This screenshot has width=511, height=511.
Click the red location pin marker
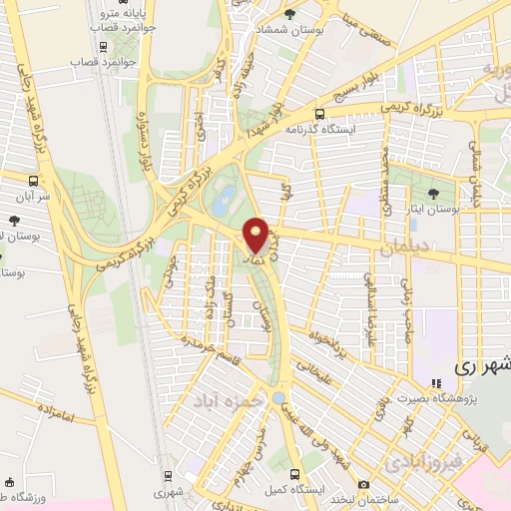click(256, 235)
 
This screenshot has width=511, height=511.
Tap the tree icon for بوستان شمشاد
click(289, 15)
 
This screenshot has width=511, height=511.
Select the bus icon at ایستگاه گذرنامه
click(319, 114)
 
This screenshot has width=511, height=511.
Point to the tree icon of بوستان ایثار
click(434, 194)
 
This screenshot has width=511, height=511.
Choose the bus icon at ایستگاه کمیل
click(293, 474)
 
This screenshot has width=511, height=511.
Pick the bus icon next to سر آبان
click(34, 182)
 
